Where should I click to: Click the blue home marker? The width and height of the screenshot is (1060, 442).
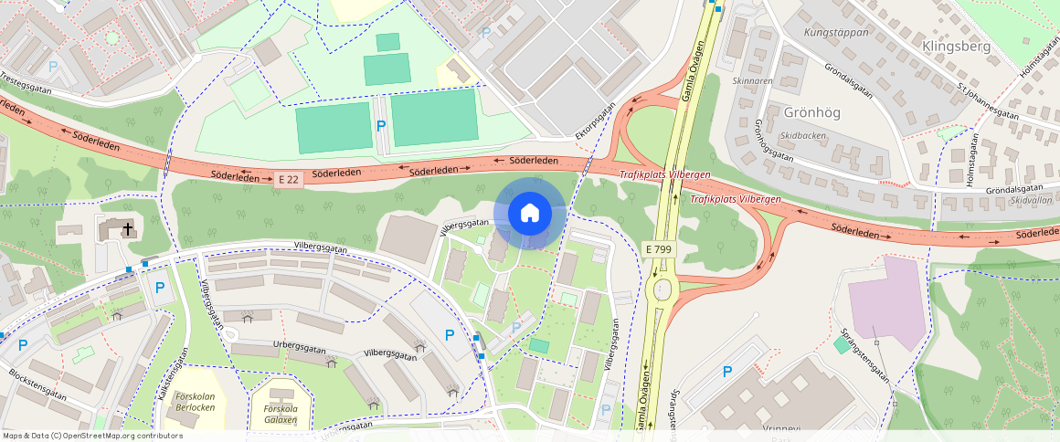pos(529,214)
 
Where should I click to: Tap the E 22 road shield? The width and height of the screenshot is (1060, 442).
pos(288,180)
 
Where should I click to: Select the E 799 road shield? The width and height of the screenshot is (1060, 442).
pos(659,248)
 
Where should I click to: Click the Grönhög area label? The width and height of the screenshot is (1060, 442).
pos(811,112)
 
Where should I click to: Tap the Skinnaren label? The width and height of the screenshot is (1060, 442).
pos(753,80)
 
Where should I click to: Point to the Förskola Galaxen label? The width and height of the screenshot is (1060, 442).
pos(281,414)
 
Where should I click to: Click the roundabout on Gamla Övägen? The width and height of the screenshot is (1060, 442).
pos(659,289)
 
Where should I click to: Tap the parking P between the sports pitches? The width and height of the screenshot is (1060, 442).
pos(381,125)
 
